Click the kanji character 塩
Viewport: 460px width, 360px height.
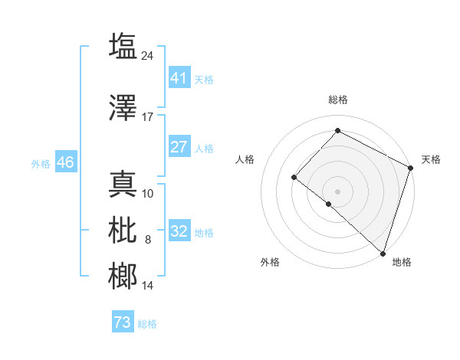click(x=123, y=46)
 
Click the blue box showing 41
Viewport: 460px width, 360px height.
click(x=179, y=78)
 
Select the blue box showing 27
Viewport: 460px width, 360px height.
click(x=179, y=147)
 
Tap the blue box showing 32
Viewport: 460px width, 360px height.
click(x=179, y=231)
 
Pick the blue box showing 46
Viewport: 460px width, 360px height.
click(x=65, y=162)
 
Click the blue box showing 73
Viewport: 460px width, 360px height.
click(x=122, y=322)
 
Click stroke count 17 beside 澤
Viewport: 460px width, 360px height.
click(x=148, y=117)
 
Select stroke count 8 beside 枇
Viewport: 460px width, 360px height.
click(x=148, y=240)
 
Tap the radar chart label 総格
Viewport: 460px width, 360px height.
click(x=338, y=100)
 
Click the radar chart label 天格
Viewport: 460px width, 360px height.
click(x=431, y=159)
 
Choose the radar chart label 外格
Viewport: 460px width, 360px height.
click(x=270, y=262)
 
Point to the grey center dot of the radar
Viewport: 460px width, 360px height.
click(x=337, y=191)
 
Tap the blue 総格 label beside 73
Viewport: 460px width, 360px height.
click(x=147, y=324)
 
